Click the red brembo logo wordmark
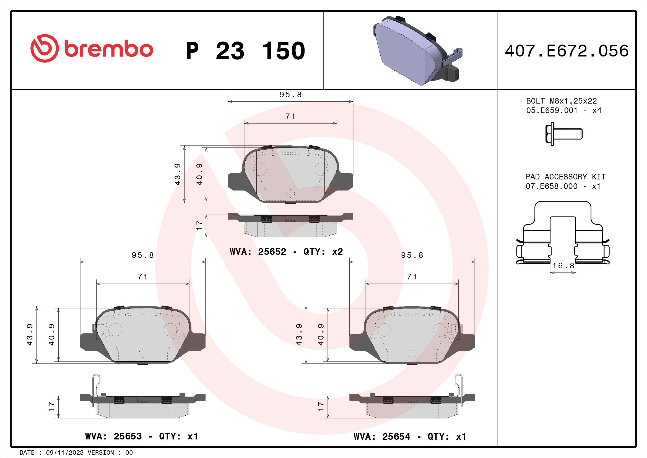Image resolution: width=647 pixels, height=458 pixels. pyautogui.click(x=108, y=49)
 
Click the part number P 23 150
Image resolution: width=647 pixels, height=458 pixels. pyautogui.click(x=245, y=51)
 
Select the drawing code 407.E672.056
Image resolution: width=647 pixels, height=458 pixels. pyautogui.click(x=567, y=51)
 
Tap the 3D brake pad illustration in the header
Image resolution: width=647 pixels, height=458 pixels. pyautogui.click(x=417, y=51)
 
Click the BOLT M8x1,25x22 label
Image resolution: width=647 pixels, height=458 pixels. pyautogui.click(x=561, y=101)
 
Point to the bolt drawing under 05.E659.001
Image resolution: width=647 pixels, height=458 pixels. pyautogui.click(x=563, y=134)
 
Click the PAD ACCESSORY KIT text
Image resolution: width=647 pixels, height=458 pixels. pyautogui.click(x=565, y=177)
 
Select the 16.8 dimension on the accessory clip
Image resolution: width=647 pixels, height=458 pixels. pyautogui.click(x=563, y=266)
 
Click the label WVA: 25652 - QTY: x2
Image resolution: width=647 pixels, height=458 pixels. pyautogui.click(x=286, y=251)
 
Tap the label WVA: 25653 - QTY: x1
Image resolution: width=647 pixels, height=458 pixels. pyautogui.click(x=141, y=436)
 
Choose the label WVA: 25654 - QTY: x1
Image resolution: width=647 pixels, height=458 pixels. pyautogui.click(x=410, y=437)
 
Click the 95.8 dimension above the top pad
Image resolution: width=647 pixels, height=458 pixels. pyautogui.click(x=290, y=95)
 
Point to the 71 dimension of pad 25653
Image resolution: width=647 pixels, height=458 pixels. pyautogui.click(x=142, y=277)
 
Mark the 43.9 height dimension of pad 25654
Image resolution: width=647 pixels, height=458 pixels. pyautogui.click(x=299, y=335)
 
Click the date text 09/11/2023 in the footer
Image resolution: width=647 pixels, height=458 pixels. pyautogui.click(x=64, y=453)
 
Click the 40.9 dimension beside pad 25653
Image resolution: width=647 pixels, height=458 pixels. pyautogui.click(x=51, y=335)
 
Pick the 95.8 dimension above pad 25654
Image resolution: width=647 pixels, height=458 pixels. pyautogui.click(x=412, y=255)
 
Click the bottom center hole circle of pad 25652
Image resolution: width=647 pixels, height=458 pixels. pyautogui.click(x=290, y=194)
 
